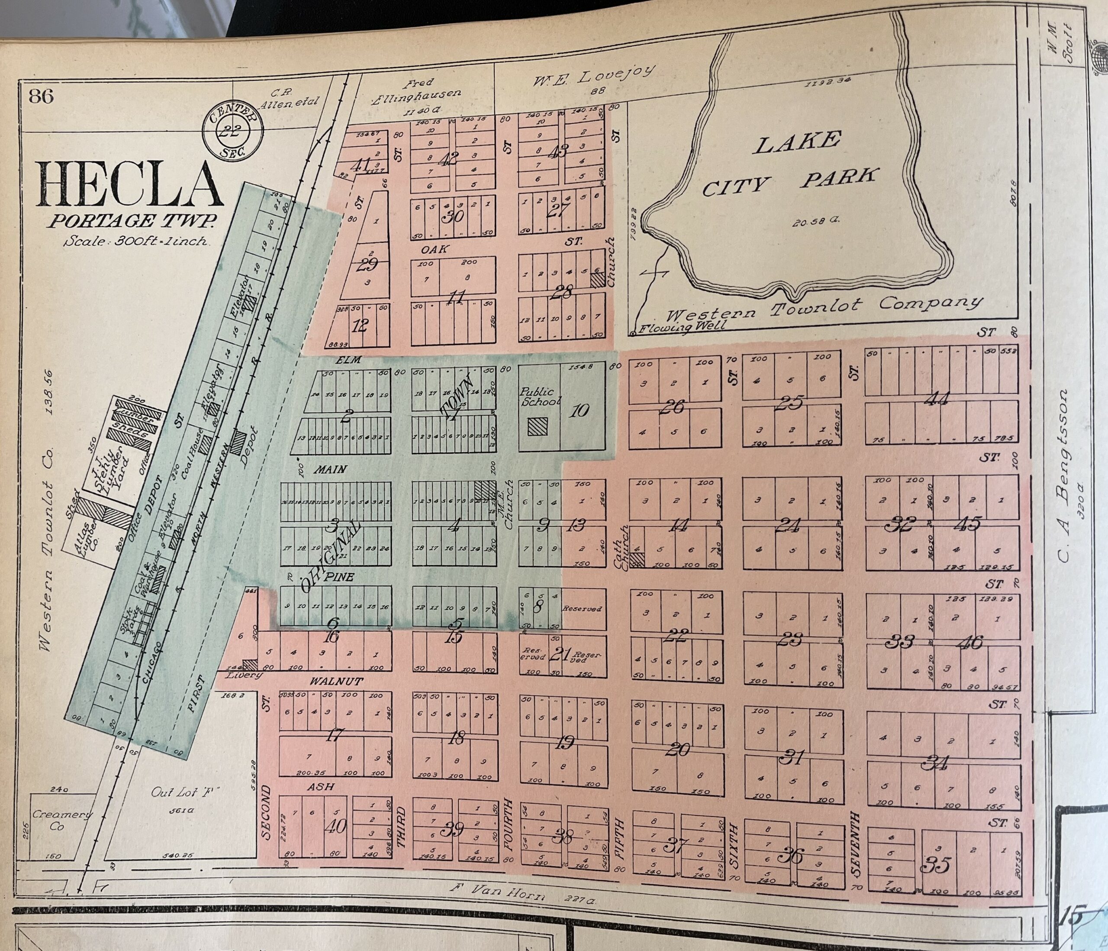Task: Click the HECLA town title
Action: [x=130, y=184]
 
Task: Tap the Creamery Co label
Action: [x=62, y=819]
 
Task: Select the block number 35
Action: [x=935, y=864]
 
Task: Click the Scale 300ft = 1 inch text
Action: [x=135, y=241]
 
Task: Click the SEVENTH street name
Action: [x=855, y=845]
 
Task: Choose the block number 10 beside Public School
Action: [x=579, y=410]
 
